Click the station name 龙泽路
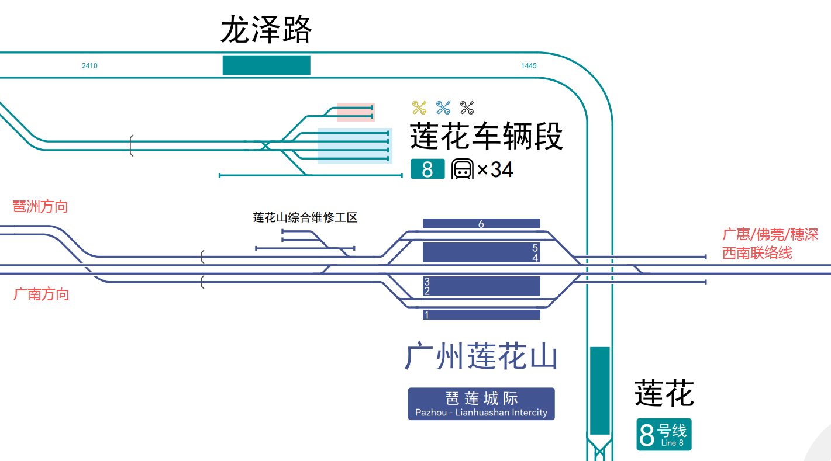[x=266, y=30]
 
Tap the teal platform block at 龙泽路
[x=266, y=65]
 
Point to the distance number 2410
[x=89, y=66]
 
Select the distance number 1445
[x=529, y=66]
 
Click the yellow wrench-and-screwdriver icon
[x=419, y=108]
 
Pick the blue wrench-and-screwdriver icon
[x=443, y=108]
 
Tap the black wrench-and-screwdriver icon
[x=467, y=108]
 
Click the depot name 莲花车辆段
[x=486, y=137]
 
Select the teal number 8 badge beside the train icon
[x=427, y=169]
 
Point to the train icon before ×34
[x=462, y=169]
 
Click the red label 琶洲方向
[x=40, y=206]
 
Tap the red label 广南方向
[x=41, y=294]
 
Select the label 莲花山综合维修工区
[x=305, y=218]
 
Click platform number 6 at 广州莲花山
[x=481, y=224]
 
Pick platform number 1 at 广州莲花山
[x=427, y=315]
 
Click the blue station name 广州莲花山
[x=481, y=357]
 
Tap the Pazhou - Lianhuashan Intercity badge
[x=481, y=404]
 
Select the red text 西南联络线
[x=757, y=253]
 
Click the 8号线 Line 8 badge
[x=664, y=435]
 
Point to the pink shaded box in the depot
[x=356, y=112]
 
